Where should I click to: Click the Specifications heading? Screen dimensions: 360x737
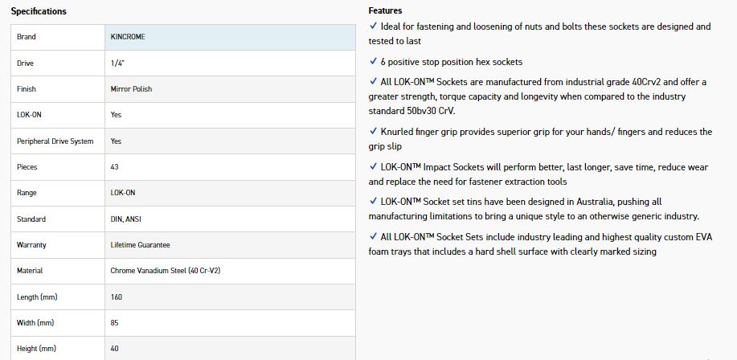(39, 11)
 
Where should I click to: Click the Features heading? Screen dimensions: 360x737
(385, 10)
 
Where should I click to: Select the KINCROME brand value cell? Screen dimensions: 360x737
(128, 37)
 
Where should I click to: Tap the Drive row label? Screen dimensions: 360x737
(26, 63)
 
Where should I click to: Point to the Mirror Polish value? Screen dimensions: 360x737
(131, 89)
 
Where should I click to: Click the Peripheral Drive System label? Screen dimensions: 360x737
(55, 141)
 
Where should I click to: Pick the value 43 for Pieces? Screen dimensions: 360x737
(115, 167)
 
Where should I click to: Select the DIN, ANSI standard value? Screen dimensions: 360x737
(126, 219)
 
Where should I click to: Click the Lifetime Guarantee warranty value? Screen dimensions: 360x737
(140, 245)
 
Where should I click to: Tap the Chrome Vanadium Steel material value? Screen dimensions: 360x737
(165, 271)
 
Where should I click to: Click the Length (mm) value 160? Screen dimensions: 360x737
(117, 297)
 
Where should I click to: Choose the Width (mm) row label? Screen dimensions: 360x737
(35, 323)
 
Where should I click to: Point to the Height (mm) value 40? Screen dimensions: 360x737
(115, 349)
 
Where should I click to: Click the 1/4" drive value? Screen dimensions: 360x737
(117, 63)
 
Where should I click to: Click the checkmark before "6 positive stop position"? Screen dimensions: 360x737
(373, 61)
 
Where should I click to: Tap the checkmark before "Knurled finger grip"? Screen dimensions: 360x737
(373, 131)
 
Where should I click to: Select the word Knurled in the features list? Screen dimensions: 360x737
(397, 132)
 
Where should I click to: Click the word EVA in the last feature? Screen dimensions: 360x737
(704, 237)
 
